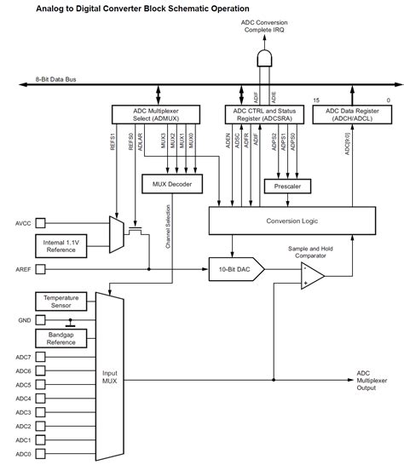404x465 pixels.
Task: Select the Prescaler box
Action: [287, 185]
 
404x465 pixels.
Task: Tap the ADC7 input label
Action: [24, 357]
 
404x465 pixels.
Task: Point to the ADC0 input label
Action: [24, 454]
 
